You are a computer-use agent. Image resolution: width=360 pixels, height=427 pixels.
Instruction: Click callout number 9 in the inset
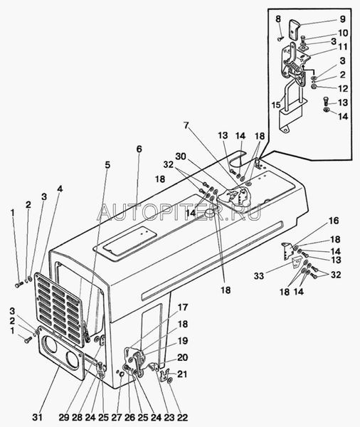click(x=343, y=19)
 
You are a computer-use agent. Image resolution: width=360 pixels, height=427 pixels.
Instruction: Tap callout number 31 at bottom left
click(x=38, y=417)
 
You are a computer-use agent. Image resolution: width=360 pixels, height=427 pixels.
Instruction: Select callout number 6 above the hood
click(x=139, y=149)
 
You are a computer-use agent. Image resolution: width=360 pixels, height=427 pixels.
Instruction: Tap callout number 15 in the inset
click(x=276, y=105)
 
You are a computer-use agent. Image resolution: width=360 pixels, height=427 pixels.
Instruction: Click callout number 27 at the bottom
click(x=117, y=417)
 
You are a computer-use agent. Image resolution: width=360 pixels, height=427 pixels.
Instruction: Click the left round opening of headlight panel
click(x=49, y=345)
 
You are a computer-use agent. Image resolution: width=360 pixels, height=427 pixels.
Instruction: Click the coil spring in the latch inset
click(x=294, y=67)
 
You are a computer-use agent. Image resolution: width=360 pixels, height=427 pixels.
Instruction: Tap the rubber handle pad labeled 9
click(x=294, y=28)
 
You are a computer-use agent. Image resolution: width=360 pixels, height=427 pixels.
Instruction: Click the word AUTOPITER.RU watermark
click(x=179, y=211)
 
